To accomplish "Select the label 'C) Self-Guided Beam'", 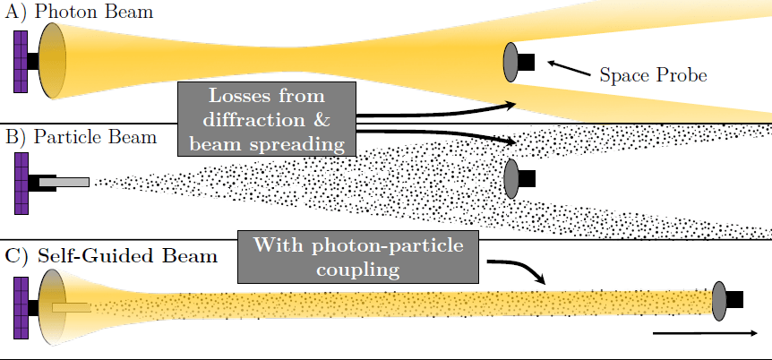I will point(111,256).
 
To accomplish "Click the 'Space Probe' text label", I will point(653,75).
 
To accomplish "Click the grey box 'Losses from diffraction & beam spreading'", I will point(267,118).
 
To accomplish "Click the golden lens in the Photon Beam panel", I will point(52,61).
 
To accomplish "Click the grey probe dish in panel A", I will point(510,62).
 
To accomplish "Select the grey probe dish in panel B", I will point(511,178).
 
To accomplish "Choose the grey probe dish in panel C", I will point(718,300).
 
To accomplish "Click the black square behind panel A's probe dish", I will point(527,62).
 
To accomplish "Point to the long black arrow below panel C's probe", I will point(702,333).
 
